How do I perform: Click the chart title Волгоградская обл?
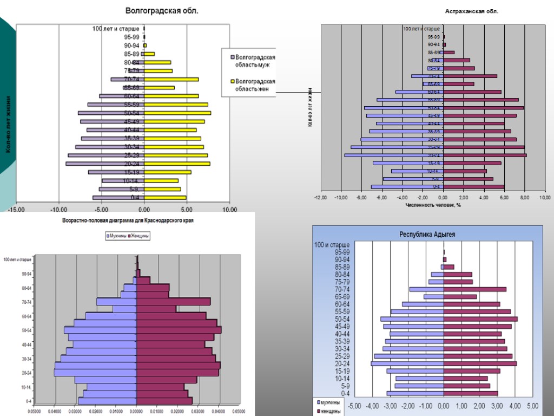162,10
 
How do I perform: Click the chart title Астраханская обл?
471,11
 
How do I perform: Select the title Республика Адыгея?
427,234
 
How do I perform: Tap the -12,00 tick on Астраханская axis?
320,197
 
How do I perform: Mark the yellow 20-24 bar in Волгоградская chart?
177,164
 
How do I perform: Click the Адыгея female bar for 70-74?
474,289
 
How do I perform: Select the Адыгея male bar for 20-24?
407,363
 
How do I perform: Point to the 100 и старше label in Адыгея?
332,245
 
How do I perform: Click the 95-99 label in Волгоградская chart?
131,37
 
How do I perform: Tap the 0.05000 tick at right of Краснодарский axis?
239,412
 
